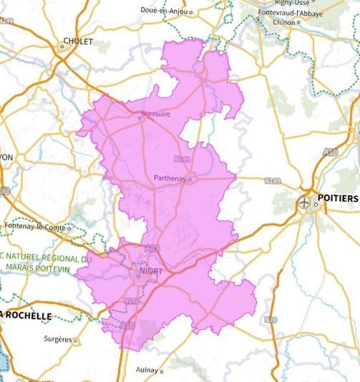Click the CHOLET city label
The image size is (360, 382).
click(x=79, y=41)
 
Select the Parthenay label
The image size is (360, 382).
click(x=170, y=178)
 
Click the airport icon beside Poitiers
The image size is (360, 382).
click(x=306, y=202)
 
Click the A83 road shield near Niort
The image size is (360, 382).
click(x=152, y=248)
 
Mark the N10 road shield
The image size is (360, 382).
click(x=270, y=320)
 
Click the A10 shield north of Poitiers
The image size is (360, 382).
click(x=330, y=152)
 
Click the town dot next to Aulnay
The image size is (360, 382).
click(x=162, y=371)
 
